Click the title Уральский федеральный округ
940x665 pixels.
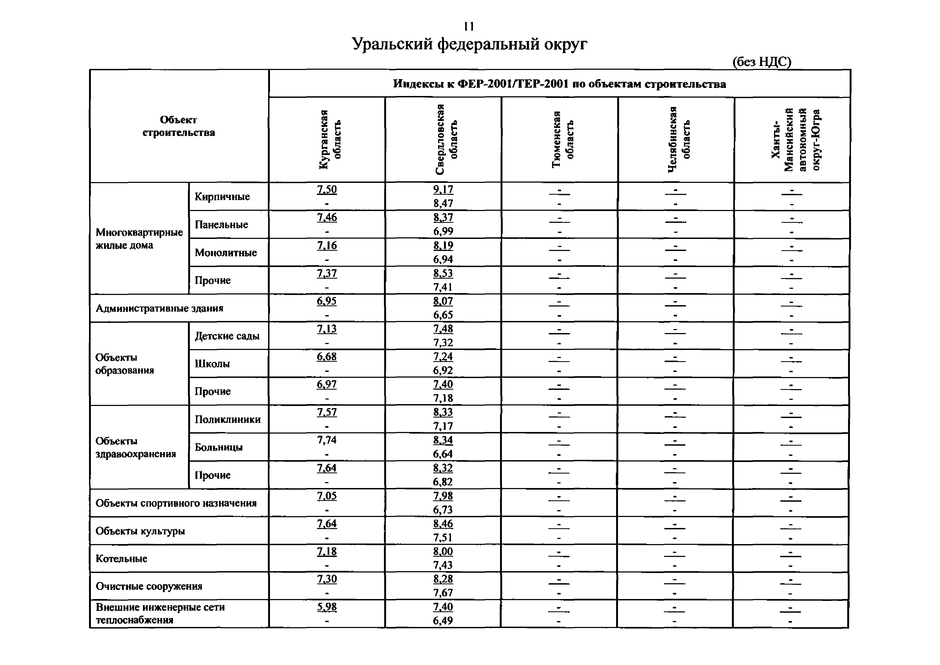coord(469,44)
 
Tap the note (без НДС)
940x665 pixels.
coord(761,62)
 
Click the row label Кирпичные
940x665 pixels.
coord(222,197)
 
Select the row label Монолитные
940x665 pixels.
coord(225,253)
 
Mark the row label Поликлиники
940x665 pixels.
coord(228,420)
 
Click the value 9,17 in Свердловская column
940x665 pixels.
coord(443,190)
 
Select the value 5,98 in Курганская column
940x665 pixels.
coord(327,607)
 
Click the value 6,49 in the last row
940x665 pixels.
coord(443,621)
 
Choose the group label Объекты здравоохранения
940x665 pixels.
coord(135,448)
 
